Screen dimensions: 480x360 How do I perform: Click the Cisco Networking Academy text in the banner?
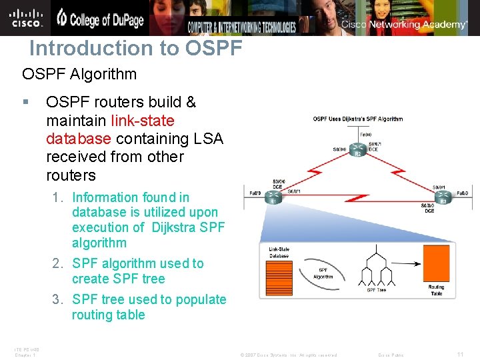[x=405, y=25]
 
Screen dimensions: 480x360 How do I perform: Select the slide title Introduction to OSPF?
[x=135, y=49]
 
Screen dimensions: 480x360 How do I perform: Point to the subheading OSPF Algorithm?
[x=79, y=73]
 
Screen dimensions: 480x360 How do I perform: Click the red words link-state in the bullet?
[x=143, y=121]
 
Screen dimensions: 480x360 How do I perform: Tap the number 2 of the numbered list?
[x=57, y=263]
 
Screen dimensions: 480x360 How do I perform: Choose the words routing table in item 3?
[x=108, y=315]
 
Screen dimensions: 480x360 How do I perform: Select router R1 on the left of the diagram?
[x=273, y=197]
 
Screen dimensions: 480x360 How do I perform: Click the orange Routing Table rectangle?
[x=436, y=263]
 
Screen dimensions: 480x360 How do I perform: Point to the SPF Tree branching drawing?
[x=377, y=267]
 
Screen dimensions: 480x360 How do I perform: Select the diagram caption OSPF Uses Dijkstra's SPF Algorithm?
[x=358, y=119]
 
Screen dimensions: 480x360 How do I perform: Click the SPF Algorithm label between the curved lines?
[x=323, y=273]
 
